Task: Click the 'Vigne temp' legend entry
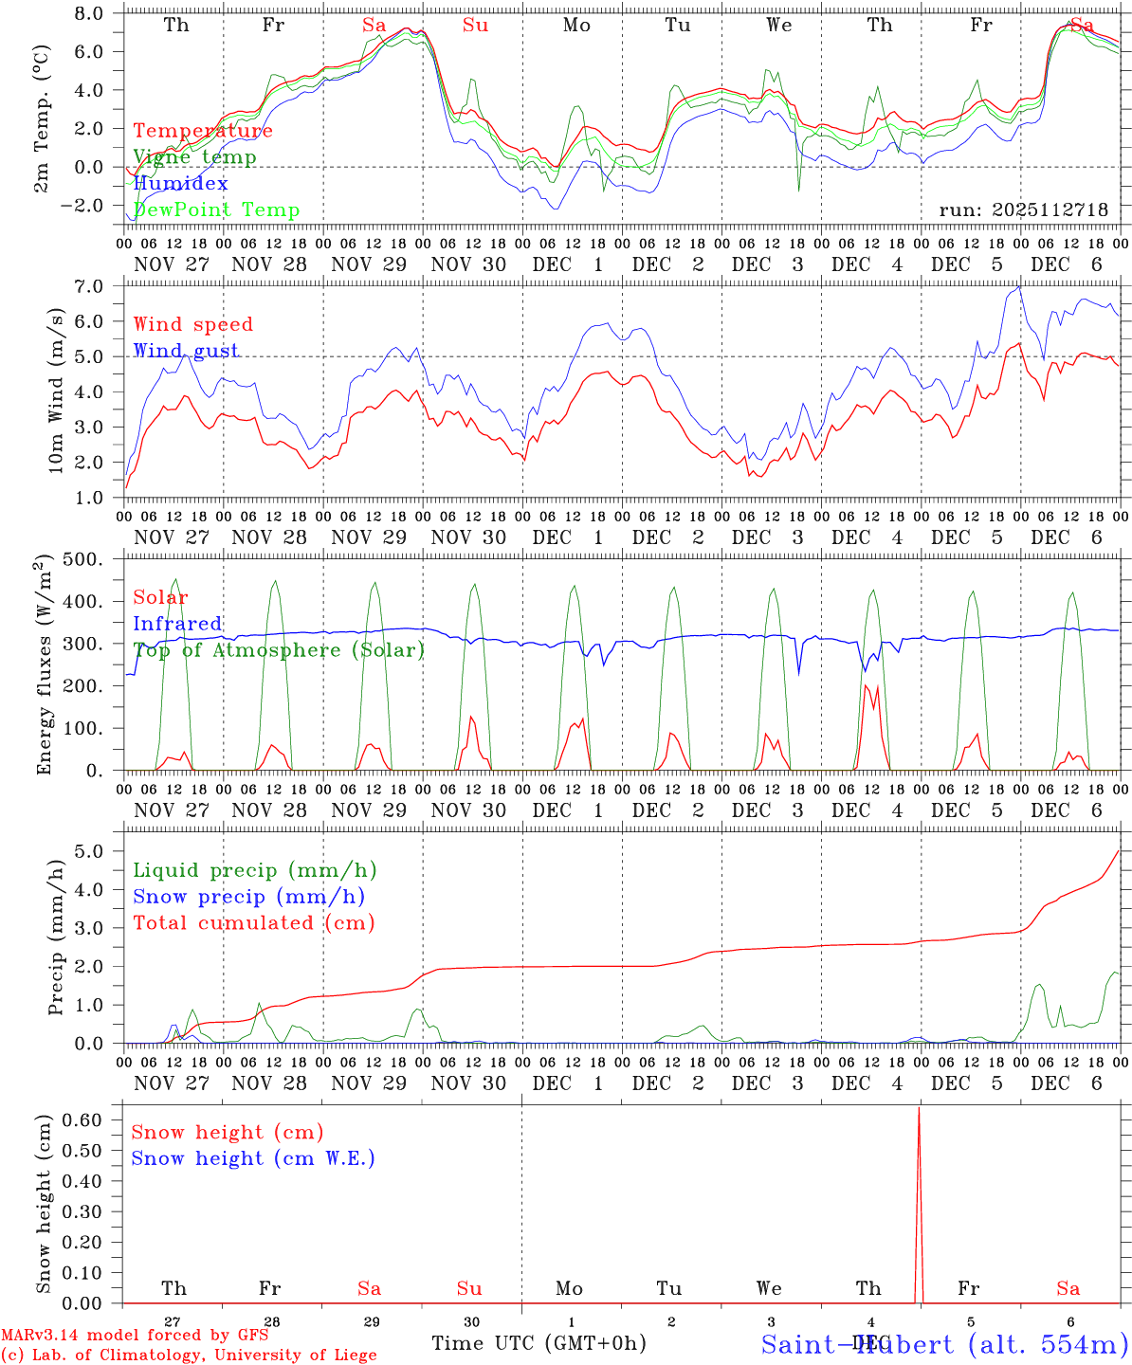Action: point(194,157)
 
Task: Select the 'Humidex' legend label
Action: point(180,184)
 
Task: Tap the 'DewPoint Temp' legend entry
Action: point(216,210)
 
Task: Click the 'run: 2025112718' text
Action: point(1023,210)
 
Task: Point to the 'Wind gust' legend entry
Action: point(186,351)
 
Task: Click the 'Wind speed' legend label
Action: point(193,324)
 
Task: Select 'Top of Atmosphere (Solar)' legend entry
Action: point(279,650)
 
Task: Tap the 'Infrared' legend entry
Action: point(177,624)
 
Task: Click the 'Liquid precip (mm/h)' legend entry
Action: point(255,870)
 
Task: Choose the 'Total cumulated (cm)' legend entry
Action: point(254,923)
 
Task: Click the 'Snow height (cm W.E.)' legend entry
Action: point(253,1158)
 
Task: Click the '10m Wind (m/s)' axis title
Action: point(56,391)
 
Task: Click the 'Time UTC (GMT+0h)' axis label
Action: point(539,1343)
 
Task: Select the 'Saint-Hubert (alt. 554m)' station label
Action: point(944,1343)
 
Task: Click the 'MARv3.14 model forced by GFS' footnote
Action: point(136,1336)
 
